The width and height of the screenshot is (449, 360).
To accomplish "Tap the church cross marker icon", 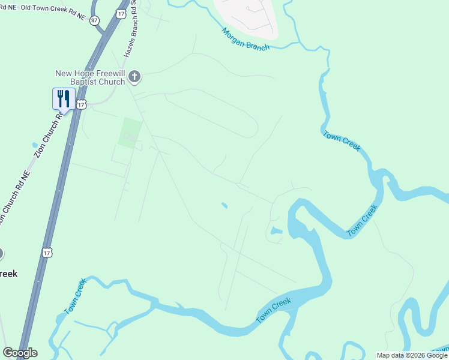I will [x=134, y=76].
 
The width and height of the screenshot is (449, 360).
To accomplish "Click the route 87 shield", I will [x=94, y=20].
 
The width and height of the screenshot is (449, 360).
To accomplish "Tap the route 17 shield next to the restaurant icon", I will [x=82, y=104].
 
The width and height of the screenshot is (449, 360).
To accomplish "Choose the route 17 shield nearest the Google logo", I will [x=46, y=253].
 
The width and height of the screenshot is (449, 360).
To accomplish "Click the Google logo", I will [x=20, y=353].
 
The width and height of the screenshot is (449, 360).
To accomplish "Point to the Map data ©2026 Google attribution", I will [x=412, y=355].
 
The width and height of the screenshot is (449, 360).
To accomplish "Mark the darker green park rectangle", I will [x=131, y=133].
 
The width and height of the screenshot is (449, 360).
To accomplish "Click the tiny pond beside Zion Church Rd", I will [x=35, y=145].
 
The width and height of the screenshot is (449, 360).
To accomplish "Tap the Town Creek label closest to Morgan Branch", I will [x=341, y=142].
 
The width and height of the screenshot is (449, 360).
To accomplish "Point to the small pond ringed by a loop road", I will [x=276, y=231].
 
